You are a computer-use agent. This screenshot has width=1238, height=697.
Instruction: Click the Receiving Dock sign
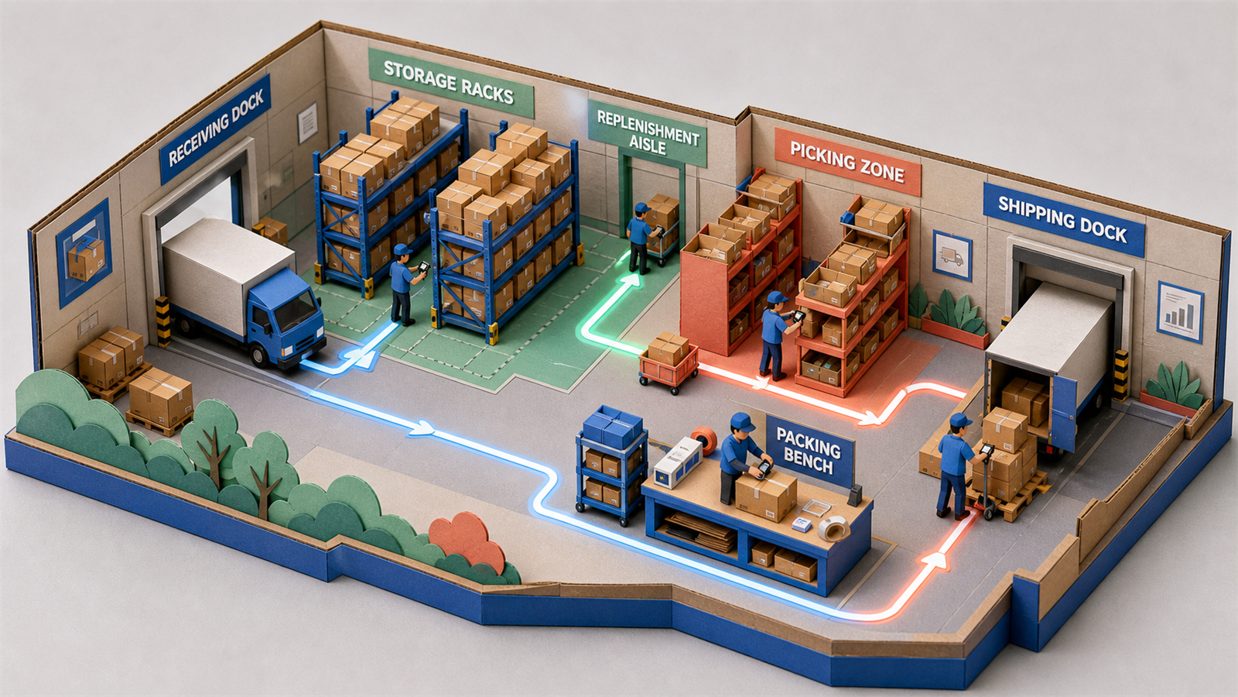(215, 129)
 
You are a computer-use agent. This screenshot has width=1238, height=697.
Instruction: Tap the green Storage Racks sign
(451, 83)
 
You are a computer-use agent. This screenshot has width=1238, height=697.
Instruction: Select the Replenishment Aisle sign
(647, 132)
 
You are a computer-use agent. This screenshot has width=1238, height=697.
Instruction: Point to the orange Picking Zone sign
(847, 162)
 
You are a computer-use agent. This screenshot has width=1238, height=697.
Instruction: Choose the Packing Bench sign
(809, 451)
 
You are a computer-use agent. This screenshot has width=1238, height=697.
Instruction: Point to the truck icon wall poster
(952, 256)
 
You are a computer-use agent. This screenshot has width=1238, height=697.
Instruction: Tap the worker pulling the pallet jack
(956, 465)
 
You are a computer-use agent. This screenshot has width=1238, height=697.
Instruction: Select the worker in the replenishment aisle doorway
(641, 238)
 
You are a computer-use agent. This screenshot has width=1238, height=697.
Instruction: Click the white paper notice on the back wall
(307, 123)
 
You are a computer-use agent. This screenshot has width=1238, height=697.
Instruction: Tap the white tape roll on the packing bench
(833, 528)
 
